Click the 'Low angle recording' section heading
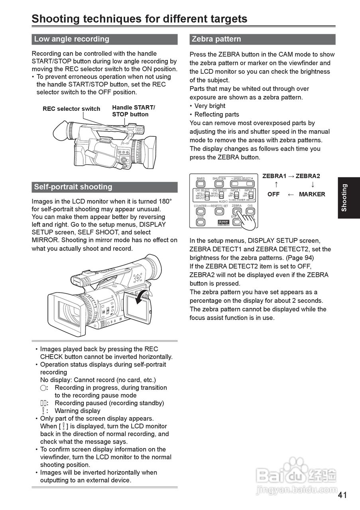click(72, 39)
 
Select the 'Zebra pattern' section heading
click(216, 39)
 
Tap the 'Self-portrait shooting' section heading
click(73, 187)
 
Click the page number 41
click(342, 495)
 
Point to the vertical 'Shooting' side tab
click(344, 197)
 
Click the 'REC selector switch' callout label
click(71, 109)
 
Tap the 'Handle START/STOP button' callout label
click(133, 111)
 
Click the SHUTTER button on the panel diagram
click(219, 184)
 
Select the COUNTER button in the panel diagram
click(200, 211)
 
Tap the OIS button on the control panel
click(250, 211)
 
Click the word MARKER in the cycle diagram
click(312, 194)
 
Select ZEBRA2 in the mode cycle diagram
click(308, 176)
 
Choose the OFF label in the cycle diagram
click(273, 194)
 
